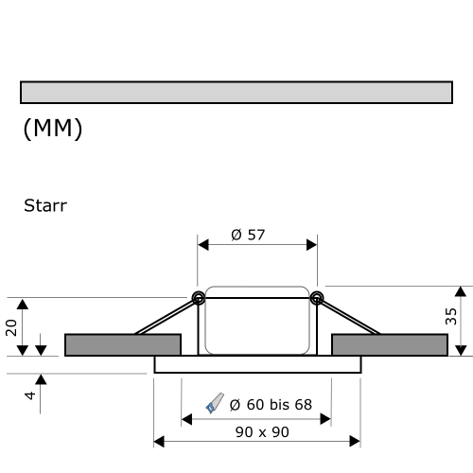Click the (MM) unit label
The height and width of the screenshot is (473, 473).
52,129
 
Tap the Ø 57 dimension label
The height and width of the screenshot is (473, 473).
248,235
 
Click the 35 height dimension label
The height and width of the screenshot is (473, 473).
451,316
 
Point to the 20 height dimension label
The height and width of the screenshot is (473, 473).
12,326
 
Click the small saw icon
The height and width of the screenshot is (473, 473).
215,404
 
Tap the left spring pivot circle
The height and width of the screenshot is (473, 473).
199,299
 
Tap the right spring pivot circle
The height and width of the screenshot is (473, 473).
316,299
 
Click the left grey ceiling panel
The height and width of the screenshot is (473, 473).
122,344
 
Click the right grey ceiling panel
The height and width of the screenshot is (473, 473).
389,344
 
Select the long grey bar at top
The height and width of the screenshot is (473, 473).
236,92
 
